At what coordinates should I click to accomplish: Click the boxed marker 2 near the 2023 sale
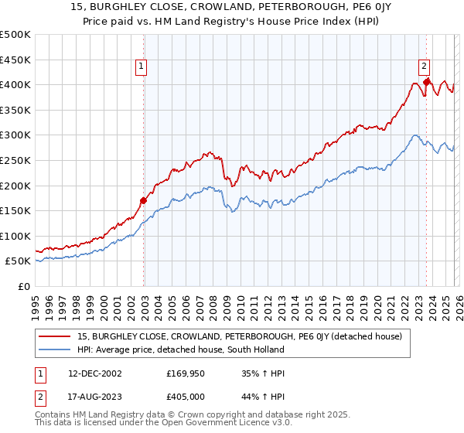tap(425, 67)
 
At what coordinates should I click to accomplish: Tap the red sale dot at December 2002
tap(144, 200)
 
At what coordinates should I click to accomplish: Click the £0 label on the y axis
tap(23, 286)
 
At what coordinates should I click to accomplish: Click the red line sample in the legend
tap(56, 336)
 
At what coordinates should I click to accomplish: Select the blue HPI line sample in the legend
tap(56, 349)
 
